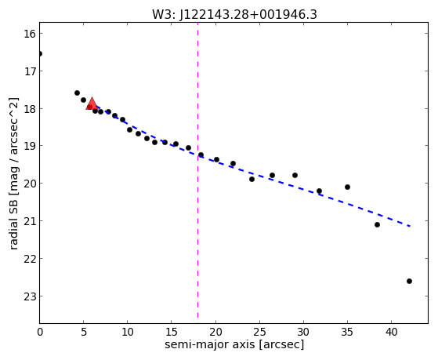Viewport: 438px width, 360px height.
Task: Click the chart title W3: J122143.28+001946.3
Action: coord(234,14)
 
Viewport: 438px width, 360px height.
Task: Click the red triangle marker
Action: coord(92,104)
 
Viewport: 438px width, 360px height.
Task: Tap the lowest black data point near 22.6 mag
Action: coord(409,281)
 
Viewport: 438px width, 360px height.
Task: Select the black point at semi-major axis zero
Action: coord(40,53)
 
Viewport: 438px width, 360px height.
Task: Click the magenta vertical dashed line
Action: coord(197,170)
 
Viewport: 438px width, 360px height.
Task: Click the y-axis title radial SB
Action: coord(14,173)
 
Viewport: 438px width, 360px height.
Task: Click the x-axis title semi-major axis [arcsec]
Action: coord(234,344)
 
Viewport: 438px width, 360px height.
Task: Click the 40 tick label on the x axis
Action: coord(391,332)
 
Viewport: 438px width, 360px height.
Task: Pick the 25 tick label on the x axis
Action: coord(259,332)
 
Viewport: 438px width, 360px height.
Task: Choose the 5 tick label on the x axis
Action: coord(84,332)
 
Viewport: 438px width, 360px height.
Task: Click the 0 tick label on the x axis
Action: coord(40,332)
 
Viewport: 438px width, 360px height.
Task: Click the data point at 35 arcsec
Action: coord(347,187)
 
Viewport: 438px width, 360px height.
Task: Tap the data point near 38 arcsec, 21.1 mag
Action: coord(377,224)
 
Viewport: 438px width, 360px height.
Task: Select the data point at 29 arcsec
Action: coord(295,176)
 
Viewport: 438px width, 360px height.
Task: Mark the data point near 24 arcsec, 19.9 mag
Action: coord(252,179)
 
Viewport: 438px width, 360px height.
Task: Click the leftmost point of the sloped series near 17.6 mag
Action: coord(77,93)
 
